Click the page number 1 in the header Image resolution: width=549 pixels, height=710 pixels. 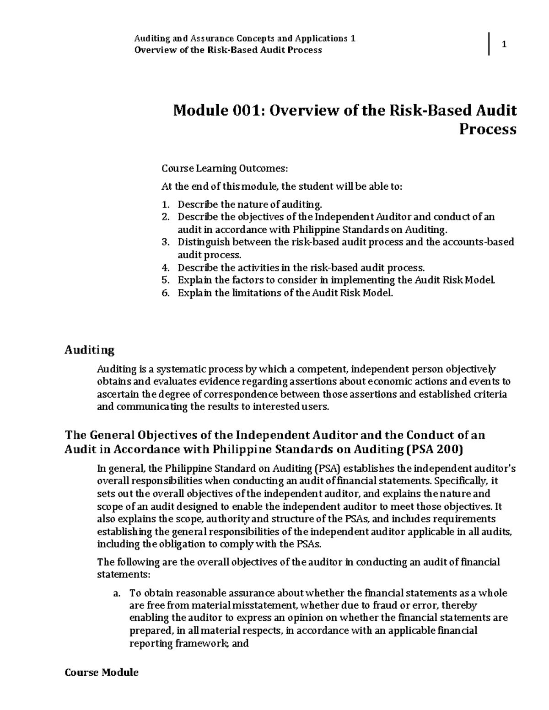[x=504, y=44]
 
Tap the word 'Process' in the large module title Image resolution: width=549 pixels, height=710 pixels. [x=487, y=129]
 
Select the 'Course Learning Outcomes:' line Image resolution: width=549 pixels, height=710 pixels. [x=225, y=169]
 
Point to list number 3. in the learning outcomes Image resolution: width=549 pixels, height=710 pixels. [x=166, y=242]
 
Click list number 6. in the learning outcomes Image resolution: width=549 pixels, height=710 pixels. [x=166, y=293]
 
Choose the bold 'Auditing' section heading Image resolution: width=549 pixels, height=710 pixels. [x=89, y=350]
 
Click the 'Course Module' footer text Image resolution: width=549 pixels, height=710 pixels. [x=102, y=673]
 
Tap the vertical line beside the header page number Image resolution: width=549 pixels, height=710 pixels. [x=490, y=44]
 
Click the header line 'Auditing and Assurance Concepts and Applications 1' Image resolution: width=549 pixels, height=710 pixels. [x=244, y=38]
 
